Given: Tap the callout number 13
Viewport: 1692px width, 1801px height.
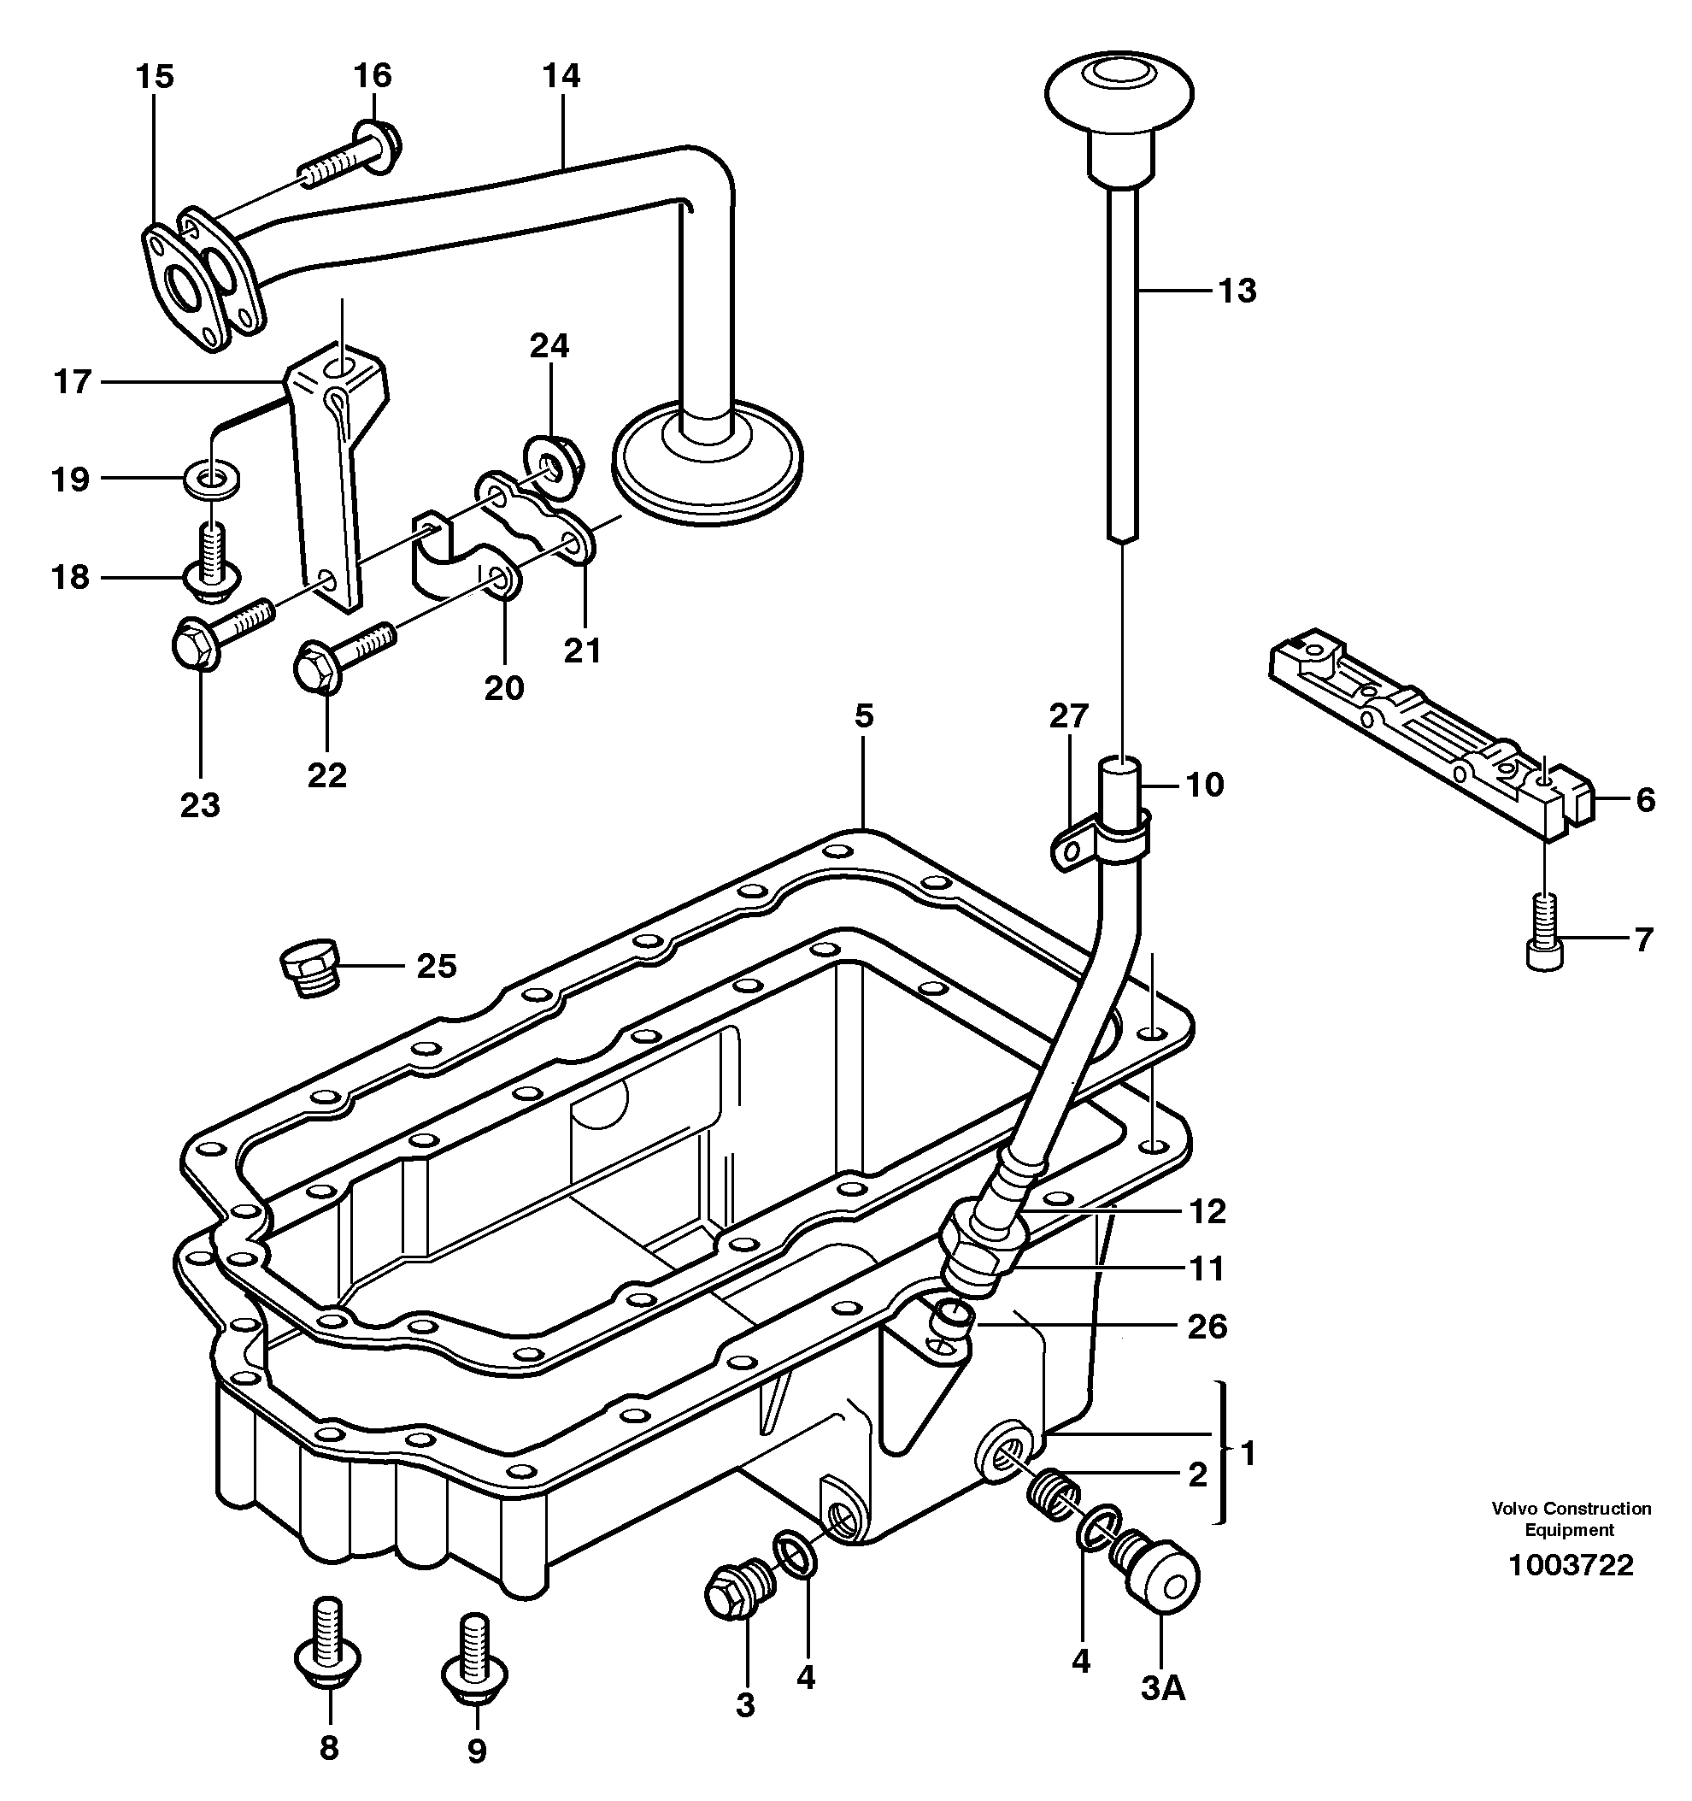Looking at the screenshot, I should (x=1237, y=291).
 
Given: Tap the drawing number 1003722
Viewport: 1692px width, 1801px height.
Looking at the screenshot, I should (x=1571, y=1564).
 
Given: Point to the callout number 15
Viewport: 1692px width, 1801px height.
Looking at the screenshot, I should (x=155, y=76).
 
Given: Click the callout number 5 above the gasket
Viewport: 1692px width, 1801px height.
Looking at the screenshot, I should (x=863, y=715).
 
